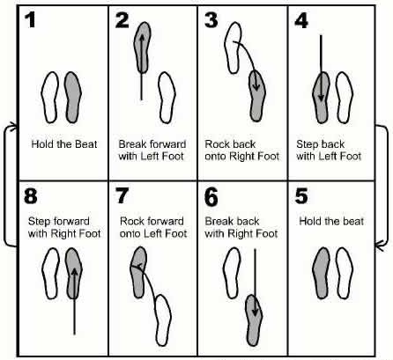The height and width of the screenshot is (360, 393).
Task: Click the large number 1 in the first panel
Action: coord(30,20)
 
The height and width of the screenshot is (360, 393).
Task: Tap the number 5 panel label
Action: coord(301,196)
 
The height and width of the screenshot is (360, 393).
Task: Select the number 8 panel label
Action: coord(31,196)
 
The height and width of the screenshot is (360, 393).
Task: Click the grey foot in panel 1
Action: coord(72,98)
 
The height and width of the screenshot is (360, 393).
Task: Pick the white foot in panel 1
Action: coord(50,98)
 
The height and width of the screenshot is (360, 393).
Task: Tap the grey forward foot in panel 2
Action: coord(143,48)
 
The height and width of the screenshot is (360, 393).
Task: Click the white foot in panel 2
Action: coord(167,98)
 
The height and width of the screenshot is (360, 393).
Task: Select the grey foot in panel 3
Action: coord(257,96)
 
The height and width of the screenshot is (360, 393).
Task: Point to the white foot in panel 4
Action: coord(345,98)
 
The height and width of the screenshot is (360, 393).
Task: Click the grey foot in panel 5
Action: coord(322,273)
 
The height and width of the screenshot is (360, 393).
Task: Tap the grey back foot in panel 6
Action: coord(254,320)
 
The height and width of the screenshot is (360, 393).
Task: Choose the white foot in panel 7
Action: coord(163,320)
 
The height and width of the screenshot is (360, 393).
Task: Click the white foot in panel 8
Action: coord(50,274)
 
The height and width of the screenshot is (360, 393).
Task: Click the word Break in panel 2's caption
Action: coord(132,144)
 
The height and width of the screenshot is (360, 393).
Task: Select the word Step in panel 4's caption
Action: coord(308,144)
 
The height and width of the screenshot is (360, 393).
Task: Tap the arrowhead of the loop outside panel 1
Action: coord(13,127)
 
